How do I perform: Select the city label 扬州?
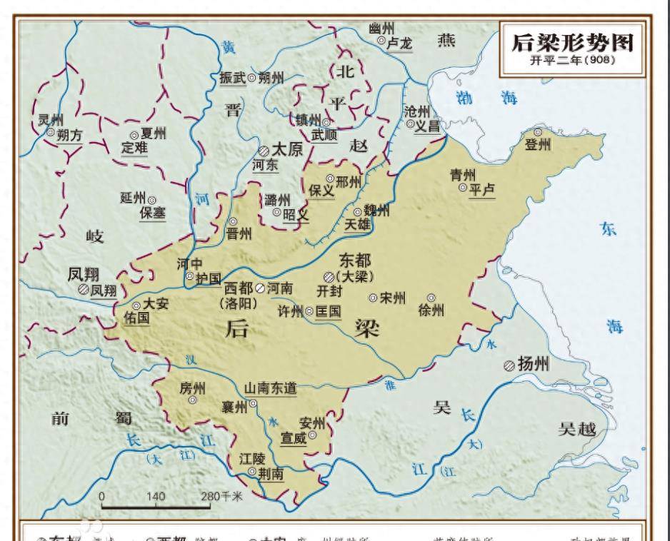pyautogui.click(x=533, y=365)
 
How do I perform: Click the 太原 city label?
pyautogui.click(x=289, y=150)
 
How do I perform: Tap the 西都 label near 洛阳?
pyautogui.click(x=238, y=288)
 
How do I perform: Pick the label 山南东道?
pyautogui.click(x=271, y=388)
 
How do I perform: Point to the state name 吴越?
pyautogui.click(x=577, y=429)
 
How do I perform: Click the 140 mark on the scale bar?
pyautogui.click(x=156, y=496)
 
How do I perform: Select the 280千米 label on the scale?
pyautogui.click(x=222, y=496)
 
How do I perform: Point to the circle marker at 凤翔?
pyautogui.click(x=83, y=290)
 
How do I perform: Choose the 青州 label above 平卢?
pyautogui.click(x=462, y=175)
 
